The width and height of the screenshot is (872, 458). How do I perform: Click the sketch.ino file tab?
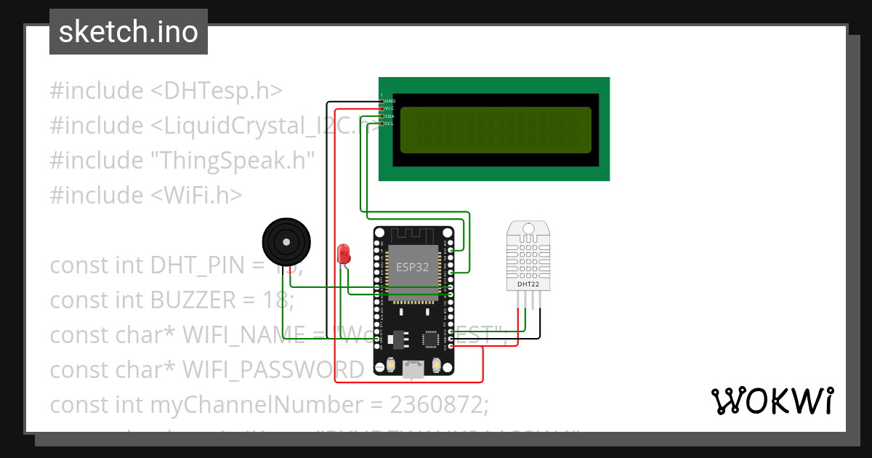129,32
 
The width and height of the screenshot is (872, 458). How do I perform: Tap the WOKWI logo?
772,401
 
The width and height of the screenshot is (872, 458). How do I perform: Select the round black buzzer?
286,241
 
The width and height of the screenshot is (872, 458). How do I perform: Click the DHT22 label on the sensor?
528,284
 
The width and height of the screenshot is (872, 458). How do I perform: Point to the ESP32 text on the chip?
412,267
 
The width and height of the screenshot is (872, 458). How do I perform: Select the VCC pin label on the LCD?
389,108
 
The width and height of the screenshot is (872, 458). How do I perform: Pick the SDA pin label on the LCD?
389,116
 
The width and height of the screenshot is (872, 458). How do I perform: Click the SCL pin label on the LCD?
389,124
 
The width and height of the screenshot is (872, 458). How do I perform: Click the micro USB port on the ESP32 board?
413,369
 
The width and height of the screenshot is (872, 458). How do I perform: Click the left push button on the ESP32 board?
390,365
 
